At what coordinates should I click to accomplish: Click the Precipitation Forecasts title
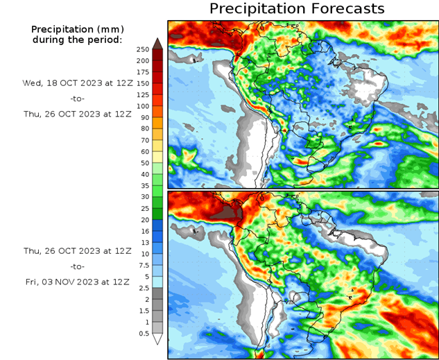[x=296, y=9]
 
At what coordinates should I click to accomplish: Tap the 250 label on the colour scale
[x=142, y=49]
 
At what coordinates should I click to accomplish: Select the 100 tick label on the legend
[x=142, y=105]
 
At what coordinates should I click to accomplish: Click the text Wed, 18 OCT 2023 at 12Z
[x=77, y=83]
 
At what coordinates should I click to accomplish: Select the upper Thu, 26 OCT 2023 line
[x=77, y=114]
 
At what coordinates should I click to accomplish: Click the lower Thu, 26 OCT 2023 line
[x=77, y=250]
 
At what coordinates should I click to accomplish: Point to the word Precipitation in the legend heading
[x=62, y=29]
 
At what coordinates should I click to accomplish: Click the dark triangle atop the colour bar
[x=157, y=43]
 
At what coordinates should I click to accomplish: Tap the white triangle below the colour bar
[x=157, y=339]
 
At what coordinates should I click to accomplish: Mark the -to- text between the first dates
[x=77, y=98]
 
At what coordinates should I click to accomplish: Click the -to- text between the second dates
[x=77, y=266]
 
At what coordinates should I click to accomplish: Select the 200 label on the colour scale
[x=142, y=60]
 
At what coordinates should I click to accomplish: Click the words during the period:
[x=77, y=40]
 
